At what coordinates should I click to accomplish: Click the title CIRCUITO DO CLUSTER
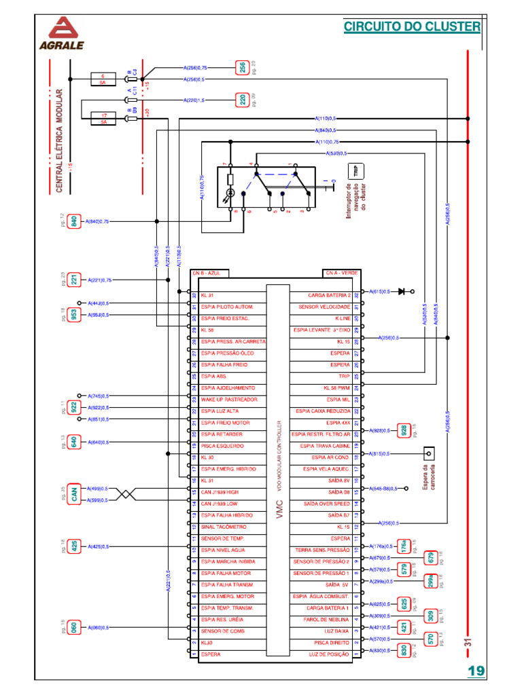(x=412, y=26)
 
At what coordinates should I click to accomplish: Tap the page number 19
(x=476, y=671)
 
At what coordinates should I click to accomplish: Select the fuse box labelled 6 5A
(x=103, y=79)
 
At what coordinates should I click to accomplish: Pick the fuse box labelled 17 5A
(x=104, y=119)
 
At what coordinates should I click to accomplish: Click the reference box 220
(x=243, y=100)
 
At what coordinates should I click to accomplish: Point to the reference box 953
(x=74, y=315)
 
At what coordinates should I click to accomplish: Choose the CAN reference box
(x=74, y=495)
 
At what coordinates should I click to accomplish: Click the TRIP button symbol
(x=354, y=172)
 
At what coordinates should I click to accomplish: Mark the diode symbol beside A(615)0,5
(x=402, y=291)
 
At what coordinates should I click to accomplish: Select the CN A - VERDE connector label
(x=341, y=273)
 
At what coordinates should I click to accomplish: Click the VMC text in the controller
(x=279, y=510)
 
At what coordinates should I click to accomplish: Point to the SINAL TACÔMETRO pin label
(x=224, y=527)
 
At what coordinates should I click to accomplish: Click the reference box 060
(x=74, y=627)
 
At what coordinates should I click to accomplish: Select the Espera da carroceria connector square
(x=428, y=453)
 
